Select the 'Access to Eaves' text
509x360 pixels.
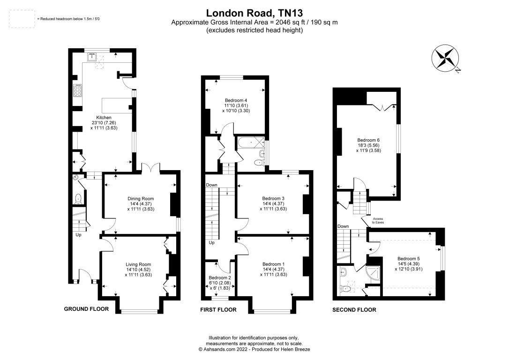pyautogui.click(x=378, y=221)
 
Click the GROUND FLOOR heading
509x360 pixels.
pyautogui.click(x=86, y=309)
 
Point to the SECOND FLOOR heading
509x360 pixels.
pyautogui.click(x=354, y=310)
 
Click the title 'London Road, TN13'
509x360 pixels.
pyautogui.click(x=254, y=13)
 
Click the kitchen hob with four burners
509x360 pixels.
pyautogui.click(x=78, y=90)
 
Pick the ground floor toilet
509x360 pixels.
pyautogui.click(x=78, y=199)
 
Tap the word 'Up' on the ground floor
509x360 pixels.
pyautogui.click(x=79, y=235)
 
